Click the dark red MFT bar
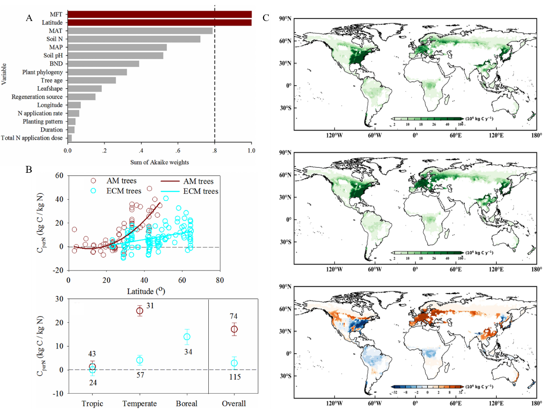[159, 15]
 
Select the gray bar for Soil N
[134, 39]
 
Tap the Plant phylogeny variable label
[42, 72]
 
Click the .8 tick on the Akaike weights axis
[214, 151]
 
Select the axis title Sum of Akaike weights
[159, 162]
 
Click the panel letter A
[29, 18]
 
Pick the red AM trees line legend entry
[170, 181]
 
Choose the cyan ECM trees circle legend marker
[93, 191]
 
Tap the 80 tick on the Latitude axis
[219, 280]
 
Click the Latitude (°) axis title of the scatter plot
[146, 291]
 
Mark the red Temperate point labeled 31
[140, 311]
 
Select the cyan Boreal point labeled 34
[187, 337]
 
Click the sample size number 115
[234, 377]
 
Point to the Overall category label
[234, 403]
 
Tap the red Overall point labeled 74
[234, 329]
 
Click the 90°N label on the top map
[285, 19]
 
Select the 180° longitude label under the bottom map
[536, 403]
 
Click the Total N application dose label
[32, 138]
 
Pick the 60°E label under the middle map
[455, 269]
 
